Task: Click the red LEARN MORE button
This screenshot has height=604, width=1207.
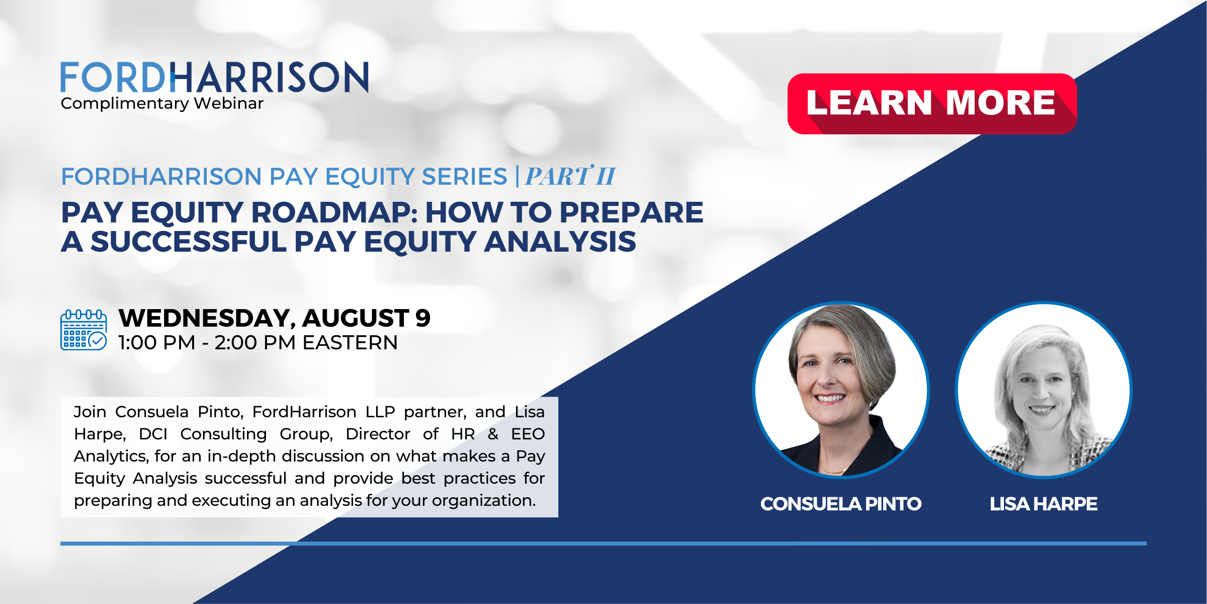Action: tap(931, 104)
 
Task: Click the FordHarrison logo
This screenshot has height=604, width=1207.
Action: tap(214, 78)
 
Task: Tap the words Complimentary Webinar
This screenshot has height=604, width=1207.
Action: tap(162, 103)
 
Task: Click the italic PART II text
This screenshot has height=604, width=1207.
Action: tap(570, 176)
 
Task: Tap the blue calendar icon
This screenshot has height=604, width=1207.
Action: tap(83, 330)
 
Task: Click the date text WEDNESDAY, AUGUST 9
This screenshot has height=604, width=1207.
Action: tap(274, 318)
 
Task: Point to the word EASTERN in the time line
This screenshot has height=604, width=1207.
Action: tap(350, 343)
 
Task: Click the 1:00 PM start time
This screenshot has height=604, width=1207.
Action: tap(156, 343)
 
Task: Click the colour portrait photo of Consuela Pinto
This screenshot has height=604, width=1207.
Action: tap(841, 390)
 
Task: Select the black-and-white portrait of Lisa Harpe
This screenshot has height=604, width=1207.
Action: tap(1044, 390)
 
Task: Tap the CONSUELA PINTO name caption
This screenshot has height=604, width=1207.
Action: tap(841, 504)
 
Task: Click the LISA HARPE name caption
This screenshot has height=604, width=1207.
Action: tap(1044, 504)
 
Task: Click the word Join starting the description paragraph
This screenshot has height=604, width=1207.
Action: tap(90, 412)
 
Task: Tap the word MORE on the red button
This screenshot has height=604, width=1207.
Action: tap(1000, 103)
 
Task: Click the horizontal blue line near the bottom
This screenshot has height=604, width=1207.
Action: tap(603, 544)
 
